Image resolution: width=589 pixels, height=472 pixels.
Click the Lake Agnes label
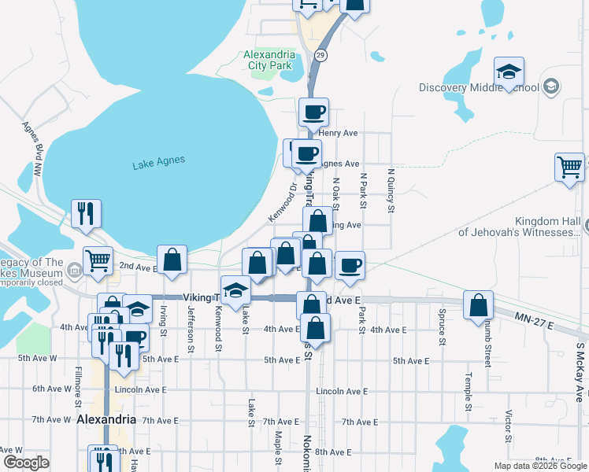pos(158,162)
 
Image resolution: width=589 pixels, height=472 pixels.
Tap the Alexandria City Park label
pos(269,60)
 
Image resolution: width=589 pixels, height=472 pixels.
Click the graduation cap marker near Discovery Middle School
pos(509,72)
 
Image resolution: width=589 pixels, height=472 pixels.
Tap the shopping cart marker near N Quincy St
pos(569,167)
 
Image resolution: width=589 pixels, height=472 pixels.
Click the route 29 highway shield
pos(320,55)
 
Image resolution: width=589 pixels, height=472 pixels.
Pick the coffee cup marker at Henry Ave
pos(313,112)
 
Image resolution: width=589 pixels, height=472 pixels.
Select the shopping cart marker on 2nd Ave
pos(98,260)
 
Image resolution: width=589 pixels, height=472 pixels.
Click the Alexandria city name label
pos(106,419)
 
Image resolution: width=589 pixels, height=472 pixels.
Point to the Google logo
pos(26,463)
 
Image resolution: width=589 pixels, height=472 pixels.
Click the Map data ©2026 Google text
pos(540,466)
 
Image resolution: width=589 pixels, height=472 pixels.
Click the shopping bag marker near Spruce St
pos(478,305)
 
